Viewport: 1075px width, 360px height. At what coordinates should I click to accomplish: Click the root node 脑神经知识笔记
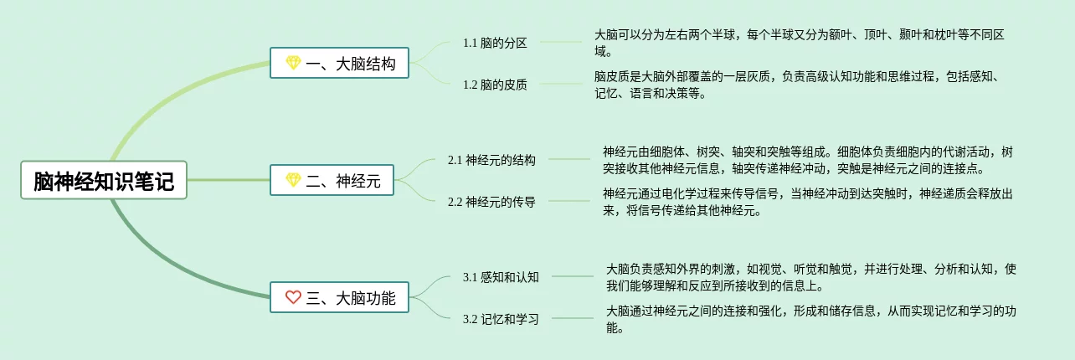tap(104, 180)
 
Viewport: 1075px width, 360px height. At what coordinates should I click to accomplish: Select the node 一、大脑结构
tap(339, 63)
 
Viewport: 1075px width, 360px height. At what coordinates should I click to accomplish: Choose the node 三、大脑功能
tap(339, 297)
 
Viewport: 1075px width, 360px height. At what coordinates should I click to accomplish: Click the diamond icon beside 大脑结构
tap(292, 63)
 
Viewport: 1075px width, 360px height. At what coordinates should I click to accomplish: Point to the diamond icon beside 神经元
tap(292, 180)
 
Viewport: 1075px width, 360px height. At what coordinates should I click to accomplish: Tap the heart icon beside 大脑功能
tap(292, 297)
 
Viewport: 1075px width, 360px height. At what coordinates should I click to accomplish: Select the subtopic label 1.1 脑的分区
tap(495, 43)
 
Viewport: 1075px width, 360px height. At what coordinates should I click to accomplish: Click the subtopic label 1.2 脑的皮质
tap(495, 84)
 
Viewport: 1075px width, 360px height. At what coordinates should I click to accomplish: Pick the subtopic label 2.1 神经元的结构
tap(491, 159)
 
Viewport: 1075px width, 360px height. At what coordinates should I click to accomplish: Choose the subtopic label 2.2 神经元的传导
tap(491, 201)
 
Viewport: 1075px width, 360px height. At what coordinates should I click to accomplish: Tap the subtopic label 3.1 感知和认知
tap(501, 276)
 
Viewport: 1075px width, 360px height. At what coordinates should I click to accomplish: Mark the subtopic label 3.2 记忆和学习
tap(501, 318)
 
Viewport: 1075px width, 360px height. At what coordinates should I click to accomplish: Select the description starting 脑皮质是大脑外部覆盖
tap(799, 85)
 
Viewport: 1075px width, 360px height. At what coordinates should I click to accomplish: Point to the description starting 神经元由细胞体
tap(808, 159)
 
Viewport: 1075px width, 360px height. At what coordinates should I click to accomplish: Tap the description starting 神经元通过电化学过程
tap(808, 202)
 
